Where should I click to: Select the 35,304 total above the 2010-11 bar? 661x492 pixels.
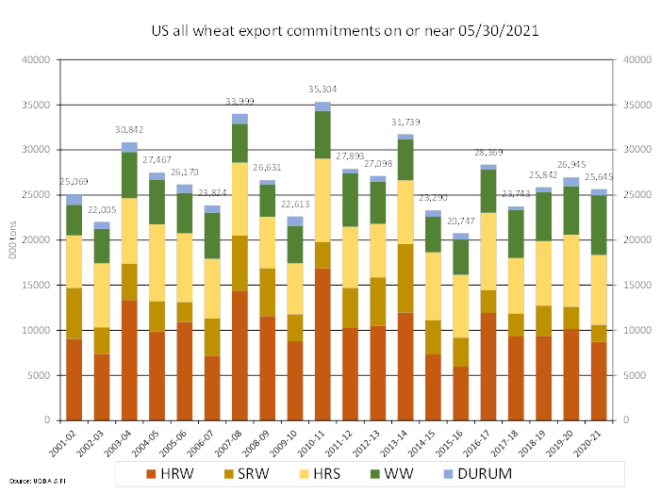pyautogui.click(x=322, y=90)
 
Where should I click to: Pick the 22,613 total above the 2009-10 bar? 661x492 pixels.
pyautogui.click(x=295, y=203)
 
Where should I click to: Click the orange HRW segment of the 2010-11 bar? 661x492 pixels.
pyautogui.click(x=322, y=344)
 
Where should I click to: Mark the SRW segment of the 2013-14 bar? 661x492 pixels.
pyautogui.click(x=405, y=278)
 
